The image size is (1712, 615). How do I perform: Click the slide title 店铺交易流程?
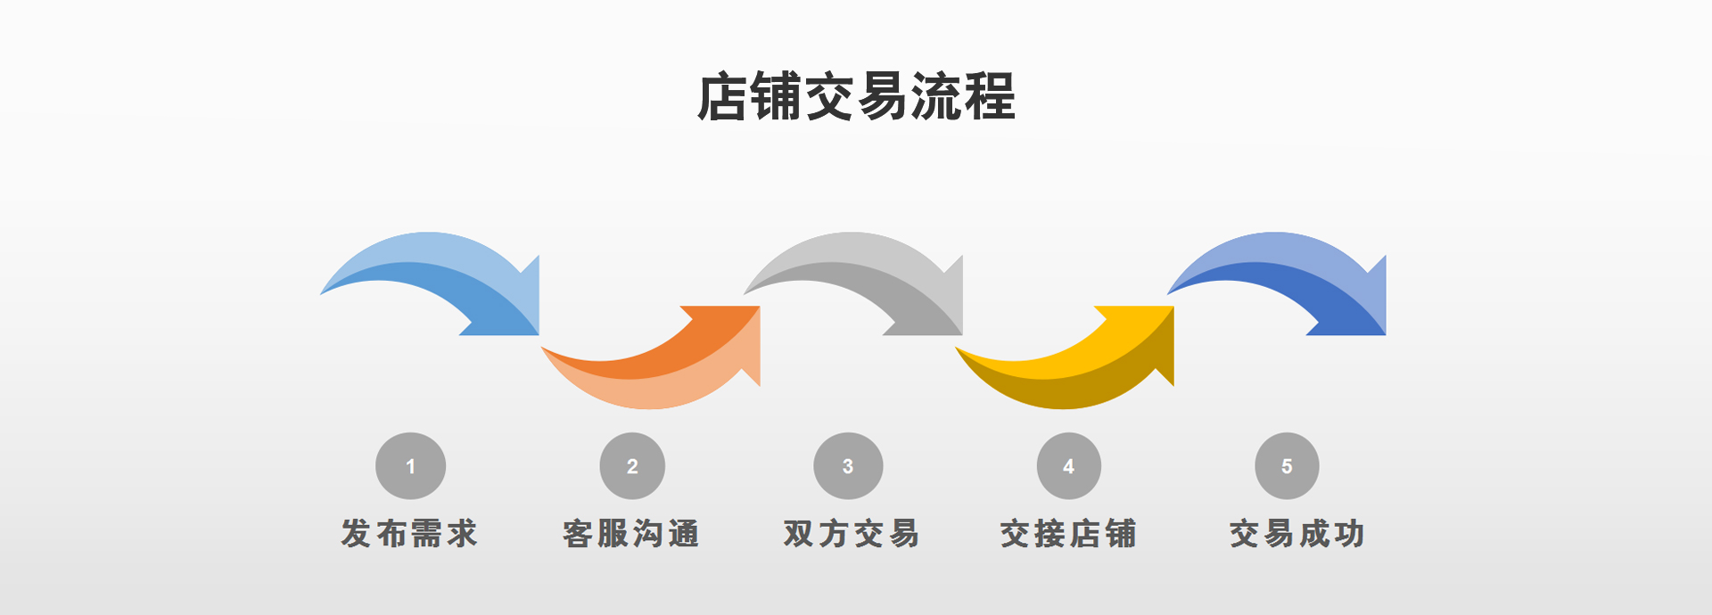coord(856,96)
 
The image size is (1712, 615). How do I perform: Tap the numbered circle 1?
coord(410,466)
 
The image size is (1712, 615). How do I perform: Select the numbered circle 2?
coord(632,466)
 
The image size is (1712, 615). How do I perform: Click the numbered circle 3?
coord(848,466)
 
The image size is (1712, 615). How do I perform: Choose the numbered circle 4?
coord(1068,466)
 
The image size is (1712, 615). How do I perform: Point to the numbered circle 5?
coord(1287,466)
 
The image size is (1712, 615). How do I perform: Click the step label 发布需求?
coord(409,534)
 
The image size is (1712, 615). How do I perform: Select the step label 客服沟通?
coord(631,534)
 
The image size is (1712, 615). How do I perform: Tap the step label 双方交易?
coord(852,534)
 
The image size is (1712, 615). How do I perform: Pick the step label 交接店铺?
coord(1068,534)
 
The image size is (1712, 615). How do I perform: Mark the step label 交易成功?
coord(1297,534)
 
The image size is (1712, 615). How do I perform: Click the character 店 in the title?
coord(721,96)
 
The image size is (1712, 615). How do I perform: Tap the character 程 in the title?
coord(990,96)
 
